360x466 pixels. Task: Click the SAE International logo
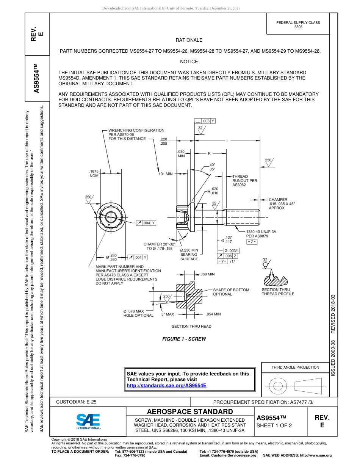coord(88,420)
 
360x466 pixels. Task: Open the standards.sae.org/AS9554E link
coord(166,385)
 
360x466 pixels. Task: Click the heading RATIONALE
coord(189,40)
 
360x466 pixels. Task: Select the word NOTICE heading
coord(189,61)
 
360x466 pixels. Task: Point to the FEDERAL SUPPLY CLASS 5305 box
coord(298,25)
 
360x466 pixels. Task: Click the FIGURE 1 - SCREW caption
coord(184,339)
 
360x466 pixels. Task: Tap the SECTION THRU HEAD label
coord(191,326)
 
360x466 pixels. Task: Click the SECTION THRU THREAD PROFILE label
coord(278,292)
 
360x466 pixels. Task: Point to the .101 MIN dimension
coord(165,174)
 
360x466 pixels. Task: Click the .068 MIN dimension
coord(207,274)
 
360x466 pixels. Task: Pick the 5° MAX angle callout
coord(167,314)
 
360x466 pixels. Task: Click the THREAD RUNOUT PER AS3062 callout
coord(244,181)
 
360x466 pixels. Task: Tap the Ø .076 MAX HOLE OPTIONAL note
coord(138,313)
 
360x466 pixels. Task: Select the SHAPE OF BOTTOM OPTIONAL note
coord(231,292)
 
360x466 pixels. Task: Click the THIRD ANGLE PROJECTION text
coord(295,367)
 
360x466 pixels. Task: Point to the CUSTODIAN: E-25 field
coord(76,402)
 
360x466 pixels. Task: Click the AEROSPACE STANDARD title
coord(190,412)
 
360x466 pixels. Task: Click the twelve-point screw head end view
coord(111,217)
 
